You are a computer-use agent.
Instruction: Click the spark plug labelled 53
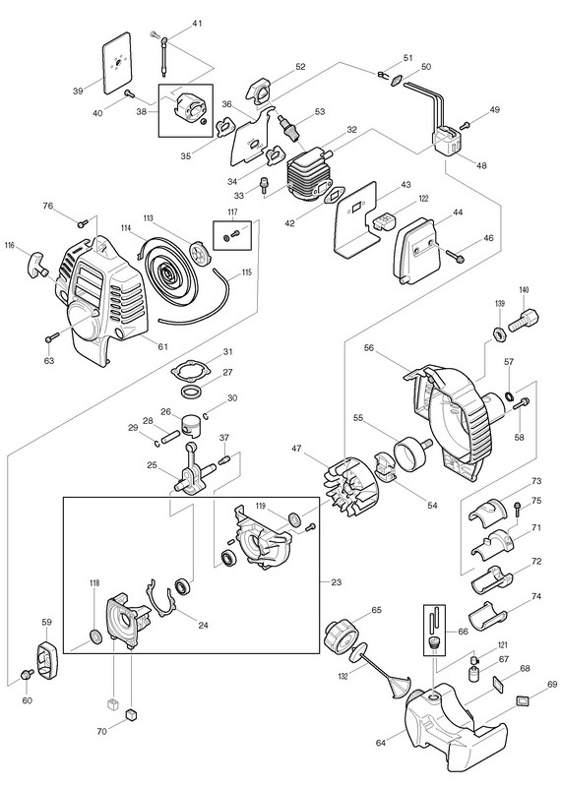[x=287, y=127]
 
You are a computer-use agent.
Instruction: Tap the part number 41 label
[x=197, y=24]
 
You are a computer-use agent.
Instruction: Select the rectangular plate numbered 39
[x=117, y=63]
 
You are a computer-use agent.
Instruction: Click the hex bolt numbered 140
[x=524, y=319]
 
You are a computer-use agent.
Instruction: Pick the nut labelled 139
[x=500, y=333]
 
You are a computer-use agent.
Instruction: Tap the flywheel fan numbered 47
[x=351, y=487]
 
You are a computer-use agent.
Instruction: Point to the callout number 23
[x=336, y=582]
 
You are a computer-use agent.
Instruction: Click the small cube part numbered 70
[x=131, y=714]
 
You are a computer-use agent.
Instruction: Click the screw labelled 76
[x=83, y=222]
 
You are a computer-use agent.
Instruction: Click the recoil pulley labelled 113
[x=202, y=251]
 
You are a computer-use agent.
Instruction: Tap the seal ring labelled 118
[x=94, y=636]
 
